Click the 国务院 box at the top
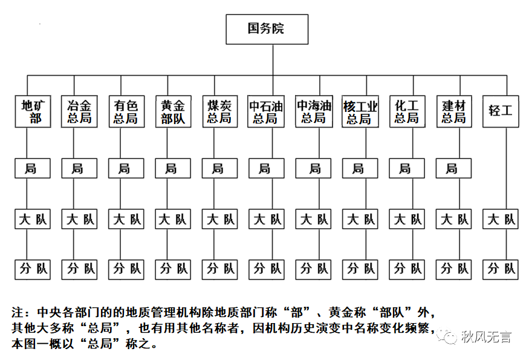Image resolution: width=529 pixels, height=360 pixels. [x=267, y=29]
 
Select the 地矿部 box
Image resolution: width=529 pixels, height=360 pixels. [x=32, y=111]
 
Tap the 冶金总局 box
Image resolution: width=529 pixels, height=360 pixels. [x=79, y=111]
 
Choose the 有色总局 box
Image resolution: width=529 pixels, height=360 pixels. [x=125, y=111]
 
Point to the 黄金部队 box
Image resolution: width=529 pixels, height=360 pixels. [x=172, y=111]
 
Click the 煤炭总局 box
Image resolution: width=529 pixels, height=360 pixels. [x=218, y=111]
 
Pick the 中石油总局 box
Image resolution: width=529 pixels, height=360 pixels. [x=266, y=111]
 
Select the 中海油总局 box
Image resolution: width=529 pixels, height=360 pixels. [x=313, y=111]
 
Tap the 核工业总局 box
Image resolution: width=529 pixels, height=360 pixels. [x=360, y=111]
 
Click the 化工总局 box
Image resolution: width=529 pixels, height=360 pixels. [x=407, y=111]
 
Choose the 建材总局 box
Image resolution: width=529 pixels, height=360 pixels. [x=453, y=111]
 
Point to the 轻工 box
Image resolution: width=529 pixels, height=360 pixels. [x=501, y=111]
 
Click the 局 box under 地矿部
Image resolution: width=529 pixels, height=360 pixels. [x=32, y=169]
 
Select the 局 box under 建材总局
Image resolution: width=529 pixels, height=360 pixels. [x=453, y=169]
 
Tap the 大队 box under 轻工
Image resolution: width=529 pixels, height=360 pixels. [x=501, y=219]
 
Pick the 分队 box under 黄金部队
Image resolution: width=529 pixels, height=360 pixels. [x=172, y=268]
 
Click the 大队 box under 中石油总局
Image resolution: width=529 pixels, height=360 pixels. [x=266, y=219]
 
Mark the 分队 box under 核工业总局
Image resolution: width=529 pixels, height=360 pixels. [x=360, y=268]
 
